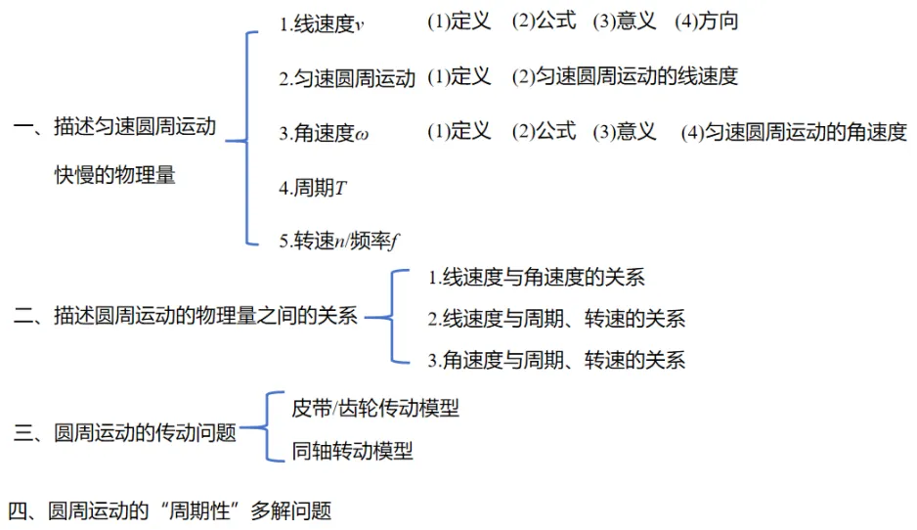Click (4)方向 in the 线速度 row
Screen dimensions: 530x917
(x=707, y=22)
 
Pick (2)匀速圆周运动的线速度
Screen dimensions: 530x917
(x=625, y=76)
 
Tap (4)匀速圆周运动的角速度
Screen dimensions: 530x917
(x=794, y=132)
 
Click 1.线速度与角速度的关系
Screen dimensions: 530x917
(x=537, y=278)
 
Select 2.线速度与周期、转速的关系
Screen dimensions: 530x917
(x=556, y=319)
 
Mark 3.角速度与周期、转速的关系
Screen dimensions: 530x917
(x=556, y=360)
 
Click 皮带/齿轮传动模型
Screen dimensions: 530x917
(x=375, y=409)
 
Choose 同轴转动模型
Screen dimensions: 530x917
(x=352, y=451)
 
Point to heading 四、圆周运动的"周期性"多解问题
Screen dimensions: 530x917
(x=170, y=510)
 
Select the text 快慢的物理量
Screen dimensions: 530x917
(x=115, y=176)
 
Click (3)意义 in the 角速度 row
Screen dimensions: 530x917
(x=625, y=132)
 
